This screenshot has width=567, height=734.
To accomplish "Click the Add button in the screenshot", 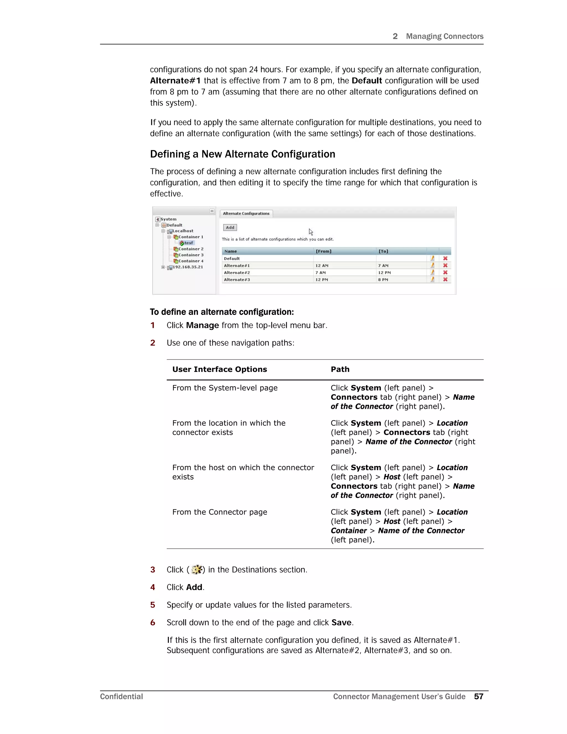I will pos(230,227).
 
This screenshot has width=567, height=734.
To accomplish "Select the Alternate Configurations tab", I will pos(246,213).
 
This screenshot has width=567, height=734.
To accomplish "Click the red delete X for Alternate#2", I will pos(445,273).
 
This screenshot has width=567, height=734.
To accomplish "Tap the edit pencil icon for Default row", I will pos(432,258).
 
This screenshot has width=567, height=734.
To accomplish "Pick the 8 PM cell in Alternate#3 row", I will pos(383,280).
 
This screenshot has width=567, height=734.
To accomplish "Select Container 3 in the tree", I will pos(190,255).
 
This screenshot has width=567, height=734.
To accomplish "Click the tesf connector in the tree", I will pos(188,243).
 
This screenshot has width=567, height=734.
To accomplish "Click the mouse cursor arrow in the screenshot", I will pos(311,232).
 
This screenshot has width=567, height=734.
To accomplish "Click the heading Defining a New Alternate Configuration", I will pos(243,154).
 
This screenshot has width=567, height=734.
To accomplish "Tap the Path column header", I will pos(340,369).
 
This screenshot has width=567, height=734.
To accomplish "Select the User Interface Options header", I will pos(219,369).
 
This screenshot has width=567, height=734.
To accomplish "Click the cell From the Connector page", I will pos(220,512).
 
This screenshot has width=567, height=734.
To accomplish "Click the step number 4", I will pos(153,587).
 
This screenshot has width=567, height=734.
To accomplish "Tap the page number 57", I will pos(478,696).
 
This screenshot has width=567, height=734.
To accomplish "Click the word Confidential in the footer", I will pos(121,696).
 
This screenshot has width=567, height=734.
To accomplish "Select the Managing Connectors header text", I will pos(444,36).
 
